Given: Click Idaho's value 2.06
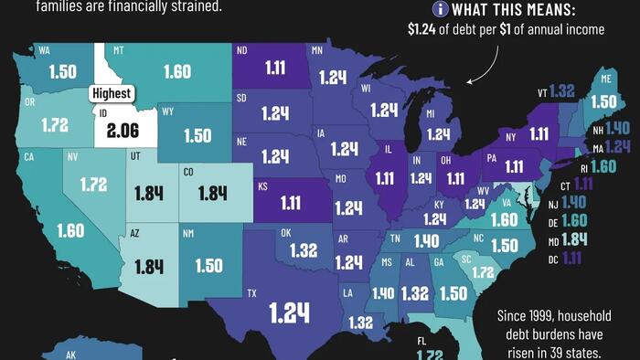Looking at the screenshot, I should [122, 131].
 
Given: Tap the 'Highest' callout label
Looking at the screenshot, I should [111, 93].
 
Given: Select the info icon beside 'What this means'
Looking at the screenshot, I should [441, 9].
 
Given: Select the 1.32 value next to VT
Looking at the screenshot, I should [562, 90].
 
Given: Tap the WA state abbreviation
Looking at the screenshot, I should [44, 51].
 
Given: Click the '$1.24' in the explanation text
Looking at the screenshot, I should [425, 29].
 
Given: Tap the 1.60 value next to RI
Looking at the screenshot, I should [603, 166].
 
